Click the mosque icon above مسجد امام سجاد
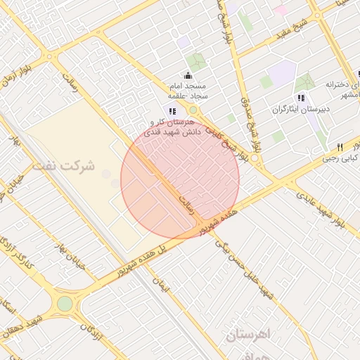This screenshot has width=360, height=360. click(188, 75)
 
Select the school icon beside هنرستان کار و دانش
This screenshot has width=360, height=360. click(172, 110)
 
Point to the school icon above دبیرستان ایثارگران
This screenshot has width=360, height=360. click(301, 97)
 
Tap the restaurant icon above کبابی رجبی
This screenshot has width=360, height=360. click(340, 147)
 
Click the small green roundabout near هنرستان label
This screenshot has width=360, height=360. click(193, 110)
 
